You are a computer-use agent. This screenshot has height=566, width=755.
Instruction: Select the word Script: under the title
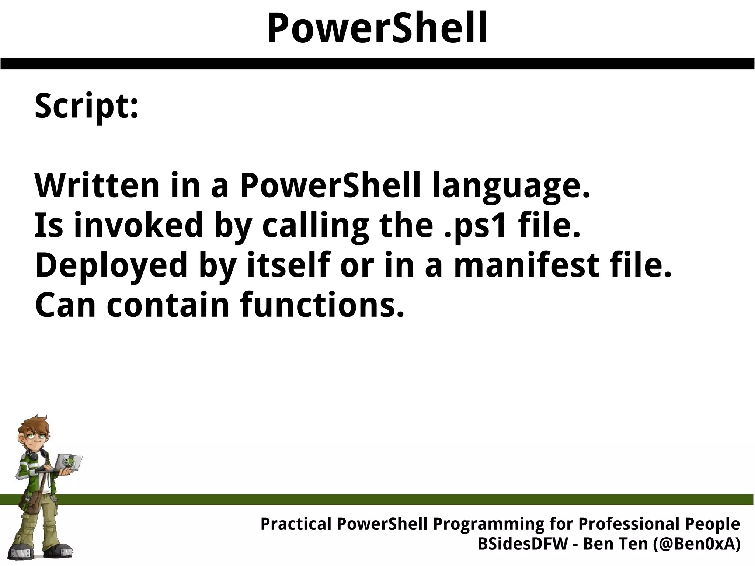pos(86,106)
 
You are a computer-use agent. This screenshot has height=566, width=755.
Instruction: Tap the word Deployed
pos(111,267)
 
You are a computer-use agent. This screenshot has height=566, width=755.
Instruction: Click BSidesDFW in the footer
pos(523,544)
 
